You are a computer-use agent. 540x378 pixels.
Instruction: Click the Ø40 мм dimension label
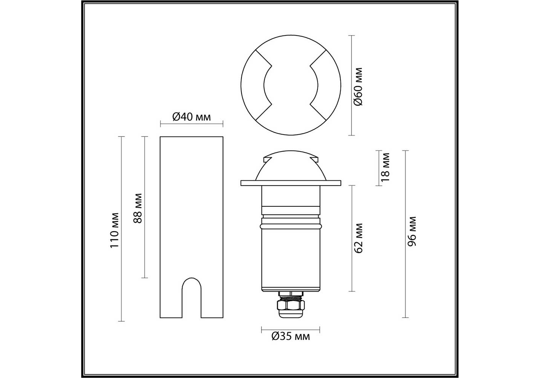[x=192, y=117]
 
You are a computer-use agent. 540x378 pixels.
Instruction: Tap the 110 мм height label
[x=114, y=231]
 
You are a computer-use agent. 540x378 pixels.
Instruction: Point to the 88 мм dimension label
[x=138, y=208]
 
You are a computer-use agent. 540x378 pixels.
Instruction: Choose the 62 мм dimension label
[x=359, y=238]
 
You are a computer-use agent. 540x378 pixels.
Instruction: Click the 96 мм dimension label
[x=412, y=231]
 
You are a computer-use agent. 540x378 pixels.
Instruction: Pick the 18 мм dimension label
[x=385, y=167]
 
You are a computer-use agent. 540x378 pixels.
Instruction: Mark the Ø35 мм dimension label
[x=291, y=336]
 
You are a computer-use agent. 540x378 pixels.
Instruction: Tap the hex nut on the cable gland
[x=291, y=305]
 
